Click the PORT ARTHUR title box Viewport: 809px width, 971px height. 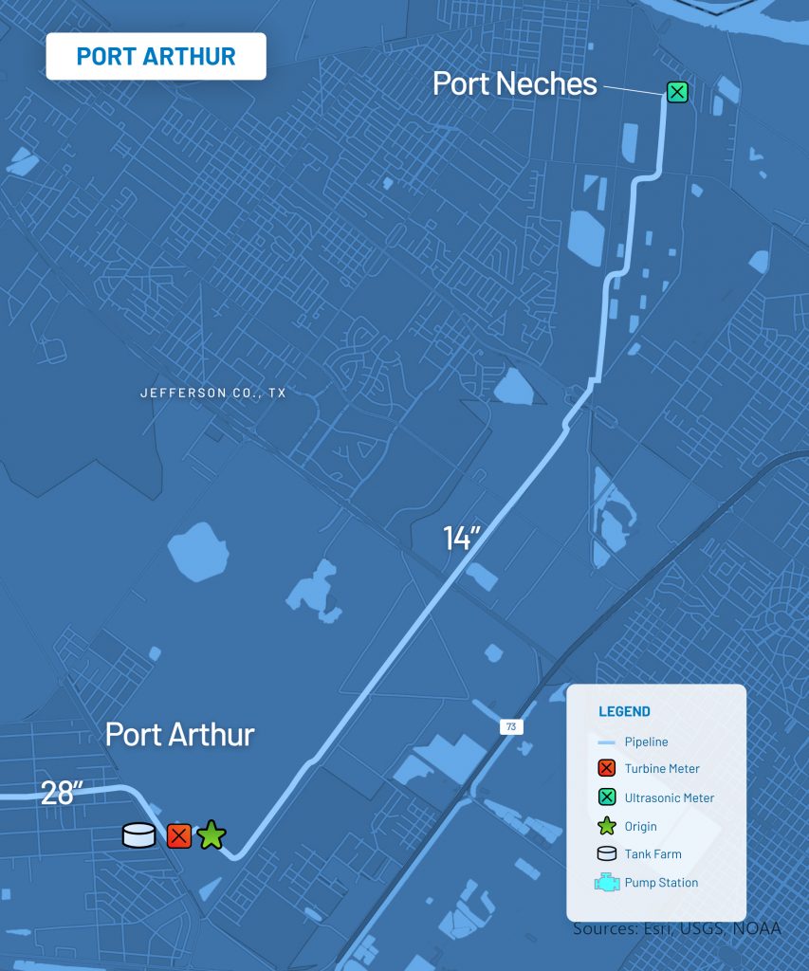(x=156, y=56)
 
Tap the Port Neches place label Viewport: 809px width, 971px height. (x=515, y=83)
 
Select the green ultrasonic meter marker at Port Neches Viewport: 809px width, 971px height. (x=677, y=92)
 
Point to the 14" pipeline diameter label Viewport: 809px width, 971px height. (x=464, y=538)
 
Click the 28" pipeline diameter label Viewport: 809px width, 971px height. (x=58, y=793)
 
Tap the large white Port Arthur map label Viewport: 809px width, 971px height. (x=180, y=734)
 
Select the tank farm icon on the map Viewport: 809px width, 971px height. (x=139, y=835)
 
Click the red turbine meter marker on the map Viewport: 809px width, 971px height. (x=179, y=835)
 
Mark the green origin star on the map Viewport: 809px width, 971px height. (x=211, y=835)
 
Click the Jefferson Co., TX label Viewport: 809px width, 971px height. (x=212, y=393)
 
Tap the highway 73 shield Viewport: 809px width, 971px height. (x=510, y=726)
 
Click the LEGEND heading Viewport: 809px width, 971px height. (x=624, y=711)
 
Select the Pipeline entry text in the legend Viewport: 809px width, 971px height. (x=646, y=742)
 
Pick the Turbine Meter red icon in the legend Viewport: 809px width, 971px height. (x=607, y=769)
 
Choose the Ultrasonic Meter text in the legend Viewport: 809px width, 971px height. (x=669, y=797)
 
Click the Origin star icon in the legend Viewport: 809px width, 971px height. (x=607, y=826)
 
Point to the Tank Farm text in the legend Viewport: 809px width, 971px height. (x=653, y=853)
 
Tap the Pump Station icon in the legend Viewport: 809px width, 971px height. (x=607, y=883)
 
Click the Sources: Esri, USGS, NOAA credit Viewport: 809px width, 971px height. (x=676, y=928)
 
